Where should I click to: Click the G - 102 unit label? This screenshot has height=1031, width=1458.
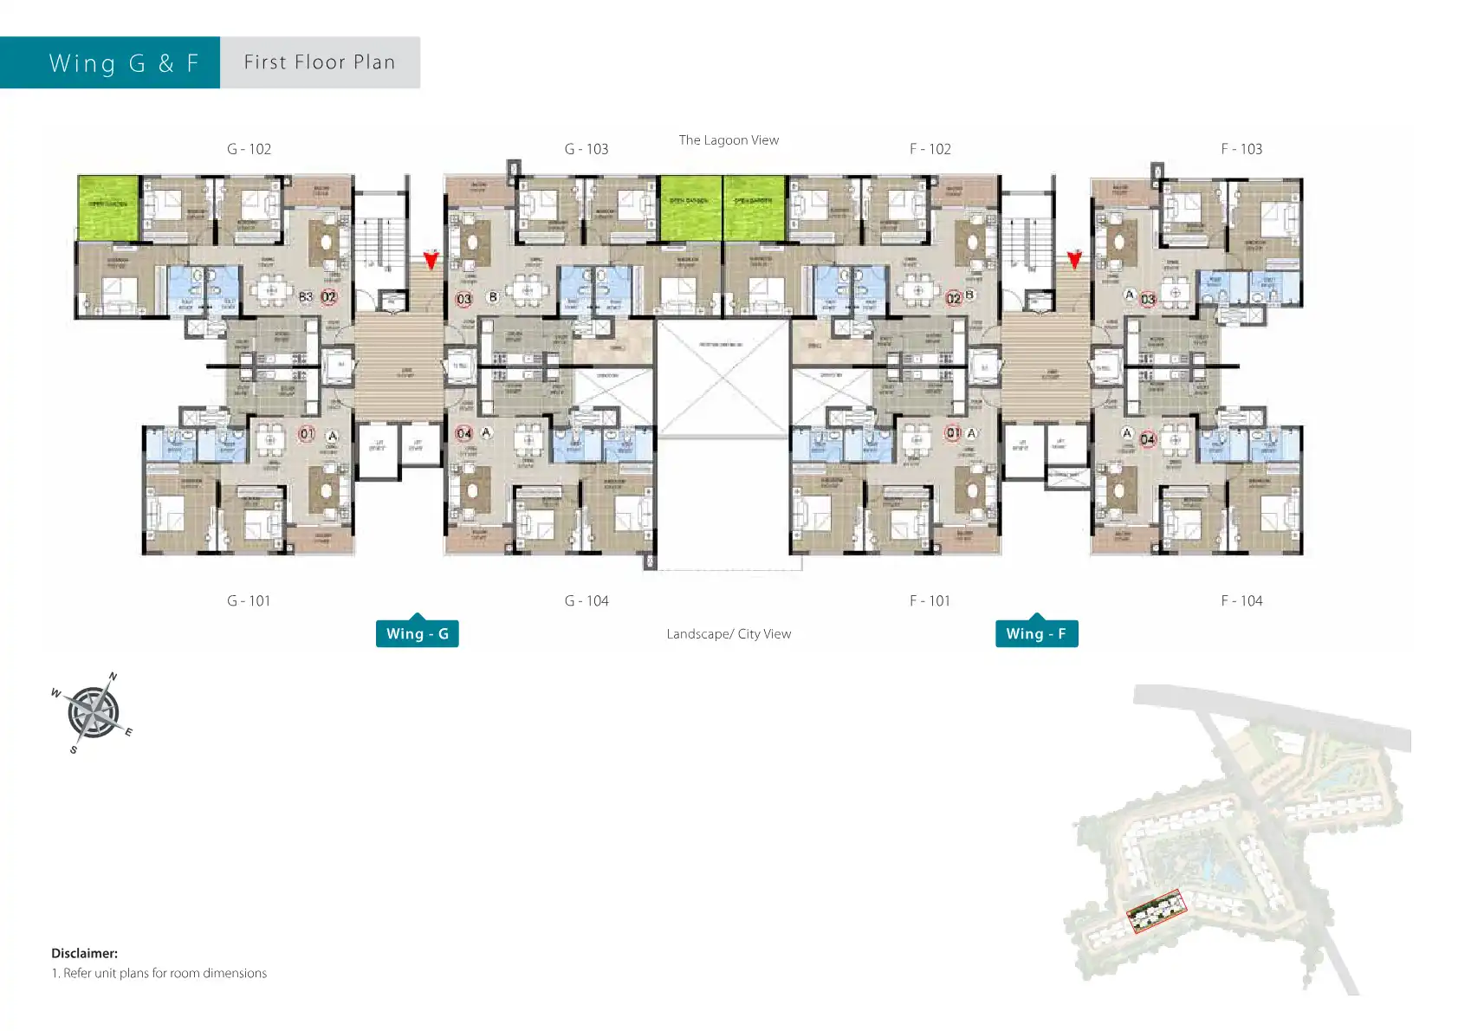[249, 149]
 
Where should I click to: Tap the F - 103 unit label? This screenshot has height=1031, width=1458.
[1241, 149]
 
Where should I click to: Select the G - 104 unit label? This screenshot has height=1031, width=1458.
[586, 600]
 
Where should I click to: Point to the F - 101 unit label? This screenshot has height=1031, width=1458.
[930, 600]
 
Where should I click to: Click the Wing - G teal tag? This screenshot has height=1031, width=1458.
[417, 633]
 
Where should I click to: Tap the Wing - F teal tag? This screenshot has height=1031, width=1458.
[1036, 633]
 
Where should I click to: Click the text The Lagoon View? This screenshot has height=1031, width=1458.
[729, 139]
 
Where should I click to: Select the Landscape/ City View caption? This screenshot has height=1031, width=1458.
[729, 633]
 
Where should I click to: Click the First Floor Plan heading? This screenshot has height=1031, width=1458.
[320, 62]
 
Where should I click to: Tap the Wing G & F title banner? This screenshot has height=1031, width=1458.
[123, 62]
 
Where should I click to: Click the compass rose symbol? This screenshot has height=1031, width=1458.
[93, 712]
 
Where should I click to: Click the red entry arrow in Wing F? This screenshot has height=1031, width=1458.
[1074, 259]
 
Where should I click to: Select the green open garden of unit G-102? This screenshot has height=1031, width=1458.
[108, 206]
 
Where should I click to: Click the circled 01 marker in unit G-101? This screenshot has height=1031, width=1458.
[307, 433]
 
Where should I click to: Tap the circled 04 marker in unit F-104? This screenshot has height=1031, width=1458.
[1148, 439]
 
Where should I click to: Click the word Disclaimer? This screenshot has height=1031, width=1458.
[84, 953]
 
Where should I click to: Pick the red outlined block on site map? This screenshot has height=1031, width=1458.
[1156, 911]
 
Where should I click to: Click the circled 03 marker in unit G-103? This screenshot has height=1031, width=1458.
[464, 299]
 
